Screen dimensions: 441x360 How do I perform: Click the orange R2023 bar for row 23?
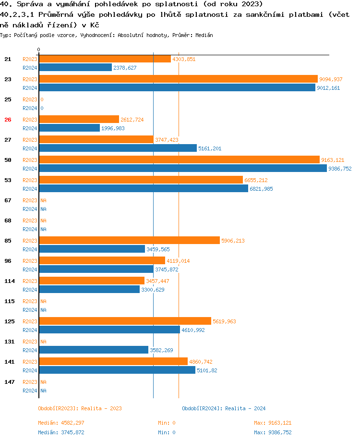[x=178, y=79]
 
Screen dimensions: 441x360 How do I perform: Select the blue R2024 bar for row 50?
[x=183, y=169]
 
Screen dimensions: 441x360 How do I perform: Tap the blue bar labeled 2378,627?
[x=75, y=68]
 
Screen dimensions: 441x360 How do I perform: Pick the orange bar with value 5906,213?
[x=129, y=241]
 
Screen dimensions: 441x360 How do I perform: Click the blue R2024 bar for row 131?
[x=94, y=350]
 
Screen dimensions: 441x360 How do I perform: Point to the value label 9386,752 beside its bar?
[x=340, y=169]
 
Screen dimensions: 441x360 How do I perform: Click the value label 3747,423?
[x=167, y=140]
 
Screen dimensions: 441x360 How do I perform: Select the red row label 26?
[x=8, y=120]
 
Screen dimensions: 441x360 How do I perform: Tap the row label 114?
[x=9, y=281]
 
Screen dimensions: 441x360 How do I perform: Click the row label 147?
[x=9, y=382]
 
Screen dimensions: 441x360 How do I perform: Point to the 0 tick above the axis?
[x=38, y=49]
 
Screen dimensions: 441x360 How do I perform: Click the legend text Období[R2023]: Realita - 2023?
[x=80, y=408]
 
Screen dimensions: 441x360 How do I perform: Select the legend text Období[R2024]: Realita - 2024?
[x=224, y=408]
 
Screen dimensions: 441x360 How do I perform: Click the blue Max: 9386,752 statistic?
[x=272, y=432]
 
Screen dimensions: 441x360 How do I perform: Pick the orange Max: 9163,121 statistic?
[x=272, y=423]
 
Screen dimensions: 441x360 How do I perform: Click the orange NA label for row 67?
[x=43, y=200]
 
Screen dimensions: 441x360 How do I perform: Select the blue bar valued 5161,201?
[x=118, y=148]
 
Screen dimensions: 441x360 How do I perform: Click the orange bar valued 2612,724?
[x=79, y=120]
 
